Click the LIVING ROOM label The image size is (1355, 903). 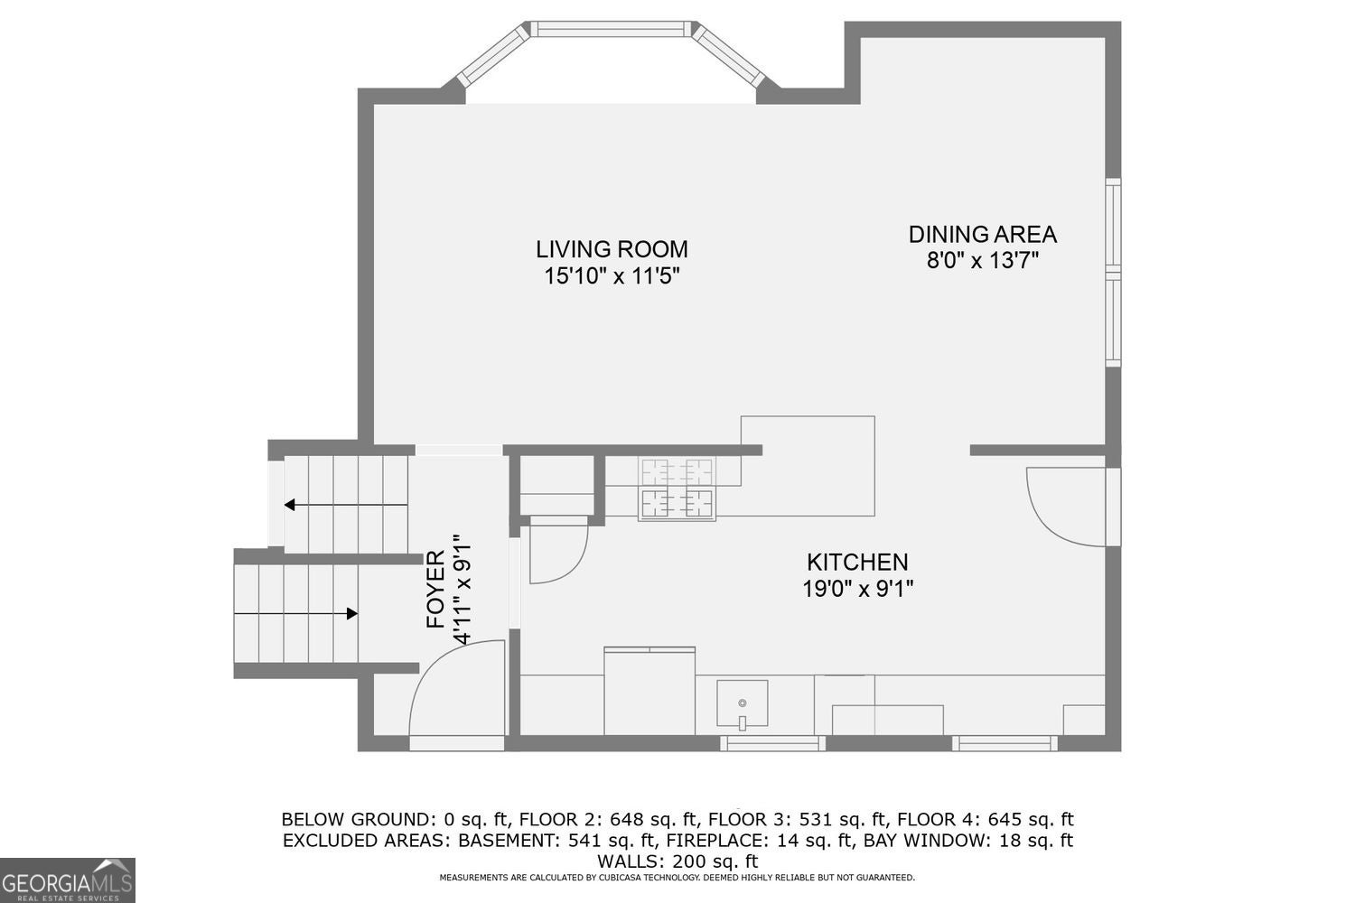click(612, 249)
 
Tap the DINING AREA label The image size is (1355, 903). click(983, 235)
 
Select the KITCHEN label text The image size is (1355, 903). click(857, 563)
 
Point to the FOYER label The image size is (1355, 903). click(435, 589)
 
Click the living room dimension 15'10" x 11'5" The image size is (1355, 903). click(612, 276)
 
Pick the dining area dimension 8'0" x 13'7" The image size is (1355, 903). click(983, 261)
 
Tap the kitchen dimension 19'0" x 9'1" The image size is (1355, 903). click(857, 589)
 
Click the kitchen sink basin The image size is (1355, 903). click(743, 703)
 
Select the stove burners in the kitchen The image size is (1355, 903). click(677, 489)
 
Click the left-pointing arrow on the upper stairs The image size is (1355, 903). click(346, 505)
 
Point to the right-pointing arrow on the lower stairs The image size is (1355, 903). click(295, 613)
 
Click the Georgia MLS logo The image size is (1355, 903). click(67, 880)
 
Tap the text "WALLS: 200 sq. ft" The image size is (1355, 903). click(677, 861)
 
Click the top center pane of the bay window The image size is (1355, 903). click(611, 29)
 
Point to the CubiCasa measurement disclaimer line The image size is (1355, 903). click(677, 878)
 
